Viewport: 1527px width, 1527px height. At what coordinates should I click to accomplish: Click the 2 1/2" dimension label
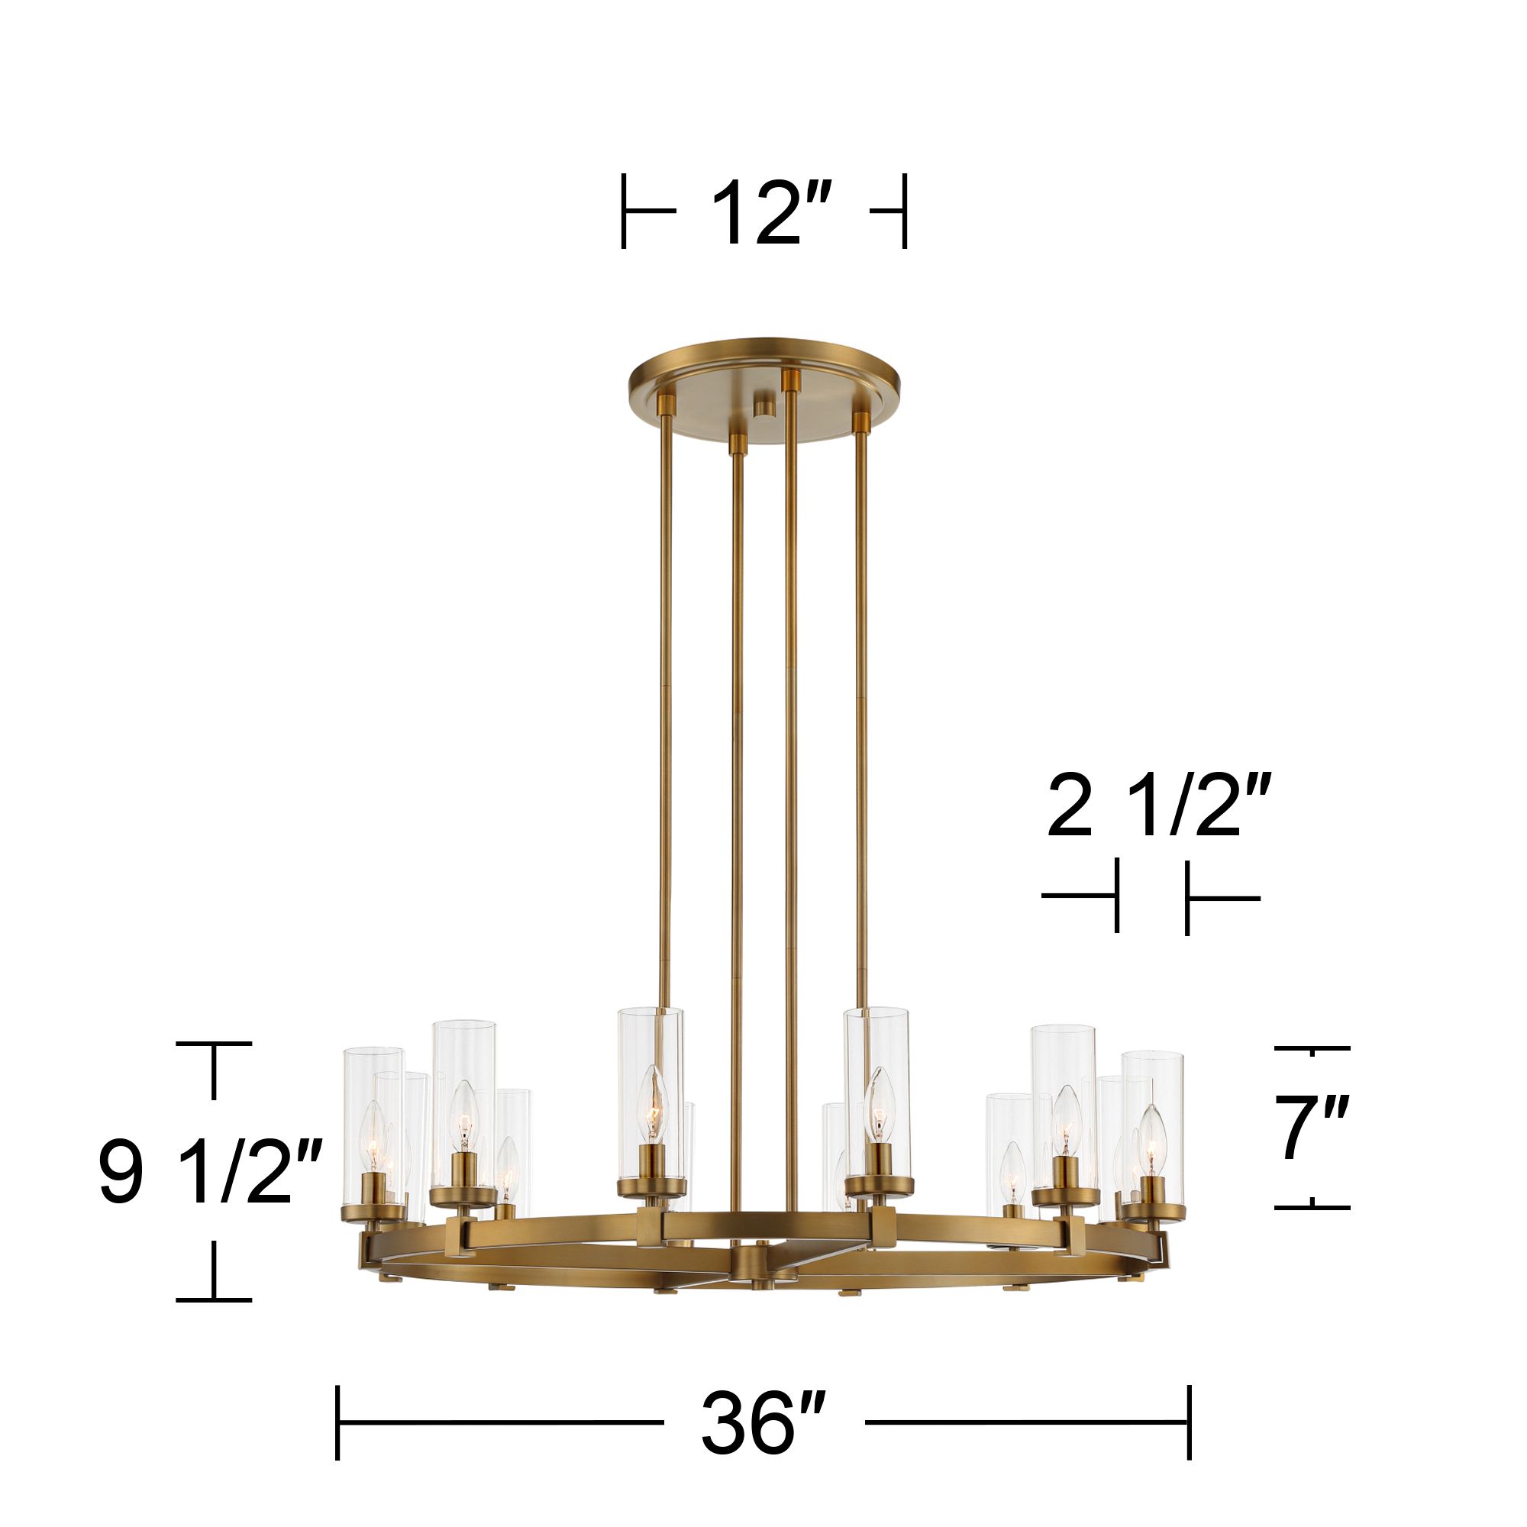point(1159,806)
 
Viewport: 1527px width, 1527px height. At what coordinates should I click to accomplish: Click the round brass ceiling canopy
point(763,372)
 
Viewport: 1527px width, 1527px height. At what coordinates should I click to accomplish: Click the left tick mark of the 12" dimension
point(625,211)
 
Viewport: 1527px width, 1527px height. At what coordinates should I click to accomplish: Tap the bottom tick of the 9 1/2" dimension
point(214,1299)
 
